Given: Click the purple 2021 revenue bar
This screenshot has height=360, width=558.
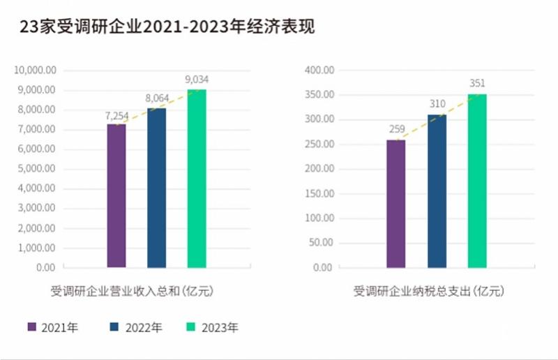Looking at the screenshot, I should tap(116, 196).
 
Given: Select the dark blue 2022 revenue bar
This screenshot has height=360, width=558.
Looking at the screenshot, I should tap(157, 188).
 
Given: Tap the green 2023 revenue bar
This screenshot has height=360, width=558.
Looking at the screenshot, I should tap(197, 179).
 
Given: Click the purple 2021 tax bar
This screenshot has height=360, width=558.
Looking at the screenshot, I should tap(395, 204).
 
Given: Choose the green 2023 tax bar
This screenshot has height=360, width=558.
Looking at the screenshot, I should tap(477, 181).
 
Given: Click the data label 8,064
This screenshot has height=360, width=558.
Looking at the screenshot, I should tap(157, 99).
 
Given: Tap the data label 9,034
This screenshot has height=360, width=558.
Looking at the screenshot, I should tap(197, 80).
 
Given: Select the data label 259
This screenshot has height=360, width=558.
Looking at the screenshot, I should tap(396, 130).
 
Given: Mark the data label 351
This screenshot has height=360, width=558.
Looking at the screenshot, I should tap(477, 84).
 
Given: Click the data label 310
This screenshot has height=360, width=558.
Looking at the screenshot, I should tap(437, 104).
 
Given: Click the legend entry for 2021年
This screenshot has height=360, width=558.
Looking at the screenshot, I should tap(52, 327).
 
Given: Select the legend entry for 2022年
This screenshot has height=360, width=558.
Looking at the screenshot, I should tap(136, 327).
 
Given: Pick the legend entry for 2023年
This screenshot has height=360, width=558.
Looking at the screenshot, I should tap(213, 327).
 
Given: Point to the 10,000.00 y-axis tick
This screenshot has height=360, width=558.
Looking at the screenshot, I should tap(36, 70).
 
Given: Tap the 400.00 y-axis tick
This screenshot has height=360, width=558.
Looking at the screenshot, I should tap(320, 70).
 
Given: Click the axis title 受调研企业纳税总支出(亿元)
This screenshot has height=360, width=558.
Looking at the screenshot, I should tap(428, 291).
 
